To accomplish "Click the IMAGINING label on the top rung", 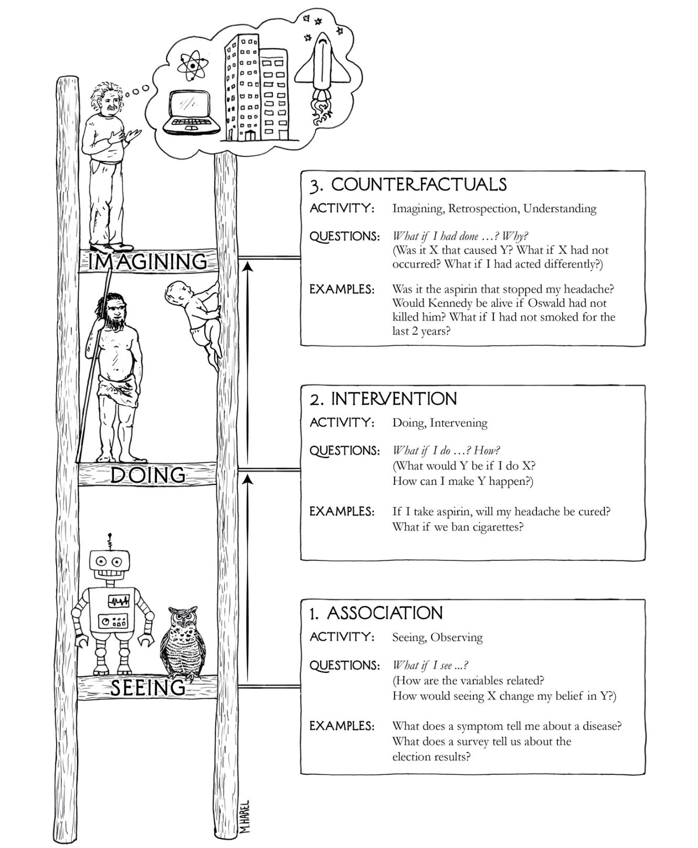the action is pyautogui.click(x=147, y=261).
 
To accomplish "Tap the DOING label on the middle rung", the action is pyautogui.click(x=148, y=475).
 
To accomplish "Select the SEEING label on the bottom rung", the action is pyautogui.click(x=148, y=687).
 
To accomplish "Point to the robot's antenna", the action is pyautogui.click(x=110, y=541).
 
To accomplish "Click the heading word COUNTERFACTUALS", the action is pyautogui.click(x=419, y=185).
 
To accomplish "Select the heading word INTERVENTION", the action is pyautogui.click(x=394, y=399).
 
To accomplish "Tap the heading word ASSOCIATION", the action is pyautogui.click(x=385, y=613).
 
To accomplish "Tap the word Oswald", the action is pyautogui.click(x=551, y=303).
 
